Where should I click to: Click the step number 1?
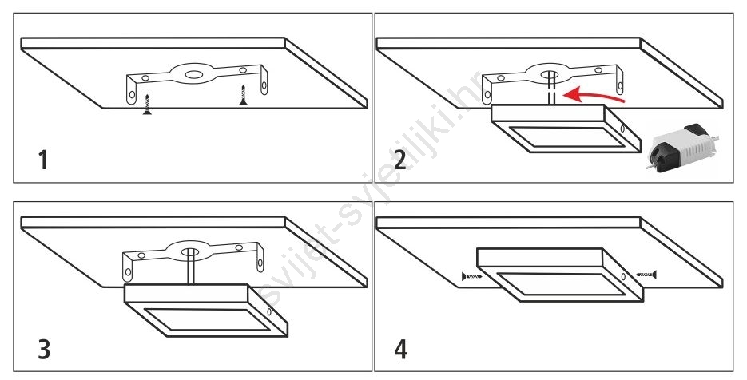pos(43,160)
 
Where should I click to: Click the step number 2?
pos(400,160)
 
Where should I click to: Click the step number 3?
pos(44,349)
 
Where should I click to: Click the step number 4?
pos(400,349)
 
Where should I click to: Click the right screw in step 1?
pos(244,95)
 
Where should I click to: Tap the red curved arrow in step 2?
pos(593,96)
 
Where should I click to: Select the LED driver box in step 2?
pos(683,148)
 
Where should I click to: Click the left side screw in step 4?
pos(472,275)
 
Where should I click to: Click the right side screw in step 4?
pos(646,275)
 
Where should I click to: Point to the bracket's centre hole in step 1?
pos(193,75)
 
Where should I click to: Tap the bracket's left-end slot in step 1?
pos(132,95)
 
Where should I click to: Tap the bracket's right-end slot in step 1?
pos(264,85)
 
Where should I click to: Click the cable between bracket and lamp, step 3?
pos(191,268)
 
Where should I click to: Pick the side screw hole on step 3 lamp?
pos(269,312)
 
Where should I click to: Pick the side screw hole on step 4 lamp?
pos(624,277)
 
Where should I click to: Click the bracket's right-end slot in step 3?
pos(260,263)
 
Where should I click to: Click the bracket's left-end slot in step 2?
pos(487,95)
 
